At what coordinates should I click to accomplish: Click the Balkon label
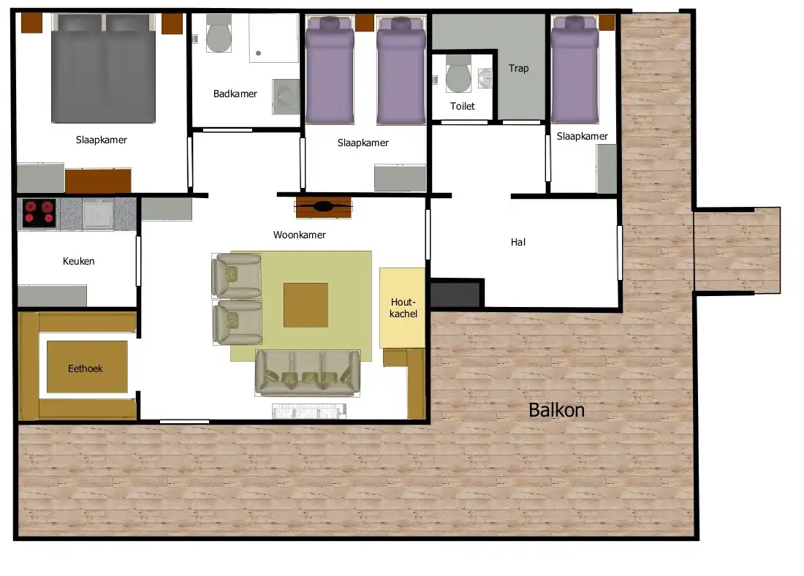[x=556, y=410]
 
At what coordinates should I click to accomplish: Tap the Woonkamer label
[x=300, y=235]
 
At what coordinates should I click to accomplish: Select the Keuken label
[x=78, y=261]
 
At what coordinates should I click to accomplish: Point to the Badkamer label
[x=235, y=94]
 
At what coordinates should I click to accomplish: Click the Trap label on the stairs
[x=518, y=68]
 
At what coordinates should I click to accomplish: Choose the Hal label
[x=518, y=242]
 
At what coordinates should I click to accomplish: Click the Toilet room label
[x=463, y=106]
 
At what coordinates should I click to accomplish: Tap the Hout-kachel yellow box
[x=403, y=308]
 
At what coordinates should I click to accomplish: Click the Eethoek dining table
[x=87, y=367]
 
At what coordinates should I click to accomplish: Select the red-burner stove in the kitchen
[x=39, y=213]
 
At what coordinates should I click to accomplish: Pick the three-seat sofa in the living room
[x=308, y=373]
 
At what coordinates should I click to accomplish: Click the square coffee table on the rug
[x=306, y=306]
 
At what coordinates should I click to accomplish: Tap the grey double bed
[x=104, y=69]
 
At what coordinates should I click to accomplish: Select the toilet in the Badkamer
[x=219, y=34]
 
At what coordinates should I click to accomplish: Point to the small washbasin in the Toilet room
[x=485, y=78]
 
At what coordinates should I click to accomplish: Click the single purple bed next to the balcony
[x=574, y=69]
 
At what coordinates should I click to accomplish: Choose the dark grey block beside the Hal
[x=455, y=294]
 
